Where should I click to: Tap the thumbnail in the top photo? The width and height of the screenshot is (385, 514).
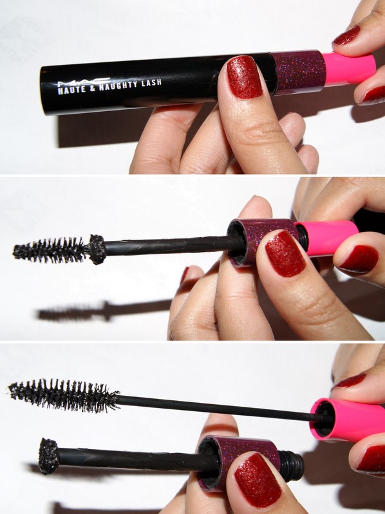[245, 76]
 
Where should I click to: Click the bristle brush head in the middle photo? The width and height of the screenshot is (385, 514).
[50, 250]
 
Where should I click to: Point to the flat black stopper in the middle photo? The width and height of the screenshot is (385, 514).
[97, 249]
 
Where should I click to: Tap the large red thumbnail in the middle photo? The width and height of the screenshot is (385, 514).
[285, 253]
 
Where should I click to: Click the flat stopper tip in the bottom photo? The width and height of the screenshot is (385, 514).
[48, 456]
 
